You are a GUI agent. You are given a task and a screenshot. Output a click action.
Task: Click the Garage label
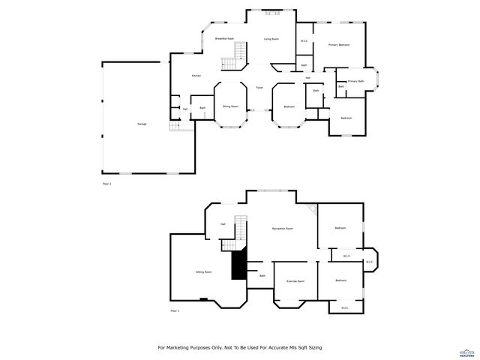141,124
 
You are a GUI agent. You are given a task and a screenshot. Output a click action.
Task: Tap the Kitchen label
196,76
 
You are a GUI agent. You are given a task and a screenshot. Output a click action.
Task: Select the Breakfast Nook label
224,38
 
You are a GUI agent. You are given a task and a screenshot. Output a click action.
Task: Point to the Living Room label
271,38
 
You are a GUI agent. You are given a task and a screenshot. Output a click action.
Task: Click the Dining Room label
230,106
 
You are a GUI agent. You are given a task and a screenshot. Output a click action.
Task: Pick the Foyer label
259,88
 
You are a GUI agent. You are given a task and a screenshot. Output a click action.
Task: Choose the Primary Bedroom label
339,45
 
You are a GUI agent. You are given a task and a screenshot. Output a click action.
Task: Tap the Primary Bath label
355,81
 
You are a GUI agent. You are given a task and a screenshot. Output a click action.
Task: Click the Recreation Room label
282,228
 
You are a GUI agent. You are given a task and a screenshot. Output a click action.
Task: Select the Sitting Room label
203,271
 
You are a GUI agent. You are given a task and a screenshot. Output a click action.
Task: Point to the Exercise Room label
295,281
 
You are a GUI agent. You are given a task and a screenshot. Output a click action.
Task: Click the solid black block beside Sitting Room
238,264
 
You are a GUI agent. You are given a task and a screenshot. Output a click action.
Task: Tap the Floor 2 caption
106,183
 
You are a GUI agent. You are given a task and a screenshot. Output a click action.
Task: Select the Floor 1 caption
175,310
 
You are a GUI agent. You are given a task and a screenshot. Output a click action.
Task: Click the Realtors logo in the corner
468,351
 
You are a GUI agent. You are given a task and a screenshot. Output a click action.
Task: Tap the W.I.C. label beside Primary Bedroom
304,41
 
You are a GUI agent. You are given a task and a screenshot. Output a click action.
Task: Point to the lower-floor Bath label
262,276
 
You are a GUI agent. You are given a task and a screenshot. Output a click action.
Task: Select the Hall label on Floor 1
223,224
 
